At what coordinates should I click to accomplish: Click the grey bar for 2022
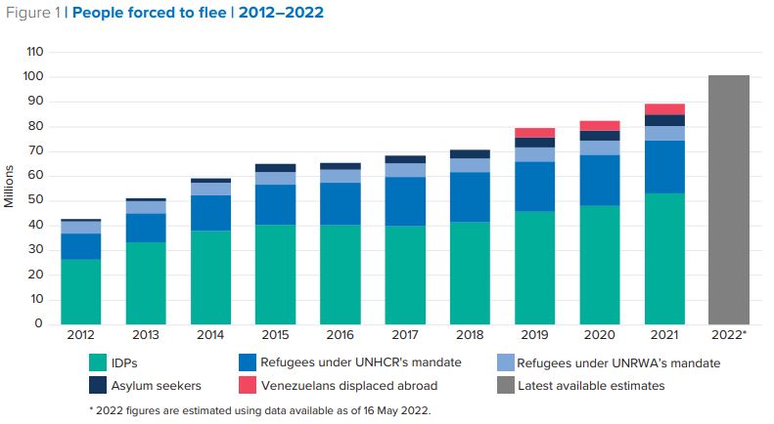click(728, 199)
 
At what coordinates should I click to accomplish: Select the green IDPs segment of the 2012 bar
click(80, 291)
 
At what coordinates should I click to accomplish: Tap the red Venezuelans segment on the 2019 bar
click(534, 132)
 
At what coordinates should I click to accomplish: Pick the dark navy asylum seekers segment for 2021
click(664, 120)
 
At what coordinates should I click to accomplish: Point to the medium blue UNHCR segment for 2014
click(210, 213)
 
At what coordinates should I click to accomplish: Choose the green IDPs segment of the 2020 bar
click(599, 264)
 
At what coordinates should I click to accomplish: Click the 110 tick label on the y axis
click(36, 52)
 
